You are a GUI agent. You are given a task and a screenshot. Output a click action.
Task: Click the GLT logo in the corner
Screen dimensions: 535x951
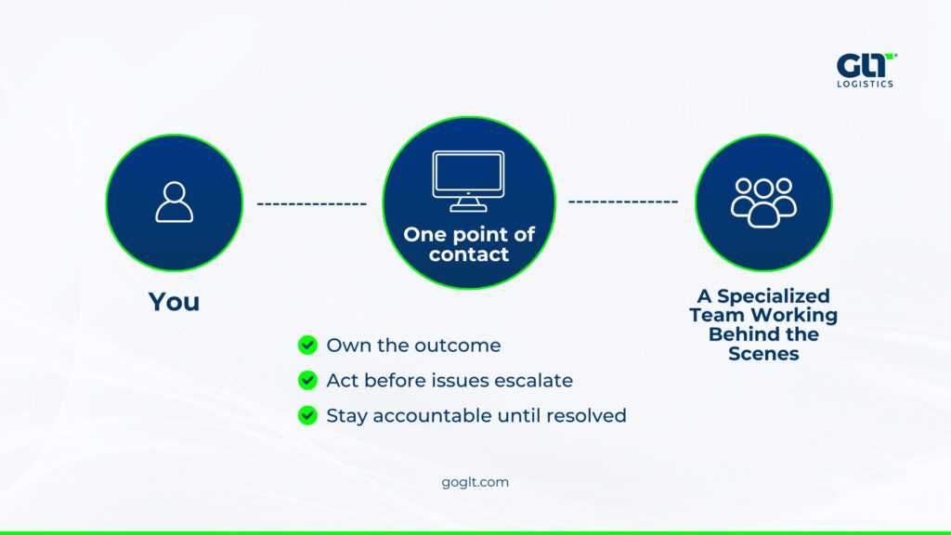[866, 65]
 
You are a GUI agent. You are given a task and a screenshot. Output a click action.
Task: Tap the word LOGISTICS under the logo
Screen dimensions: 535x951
[866, 84]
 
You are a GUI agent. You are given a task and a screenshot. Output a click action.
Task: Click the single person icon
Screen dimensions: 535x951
[174, 202]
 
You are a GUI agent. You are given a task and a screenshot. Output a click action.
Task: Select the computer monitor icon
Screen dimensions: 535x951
[468, 180]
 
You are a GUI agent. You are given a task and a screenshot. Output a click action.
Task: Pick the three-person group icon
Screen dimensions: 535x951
[762, 202]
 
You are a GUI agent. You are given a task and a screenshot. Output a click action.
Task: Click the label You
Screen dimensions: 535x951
[174, 302]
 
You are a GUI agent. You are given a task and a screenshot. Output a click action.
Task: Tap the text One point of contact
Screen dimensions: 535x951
[469, 244]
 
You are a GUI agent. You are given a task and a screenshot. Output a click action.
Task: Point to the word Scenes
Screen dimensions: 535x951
[763, 354]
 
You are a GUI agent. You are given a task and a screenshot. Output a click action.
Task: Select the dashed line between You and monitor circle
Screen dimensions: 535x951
[312, 203]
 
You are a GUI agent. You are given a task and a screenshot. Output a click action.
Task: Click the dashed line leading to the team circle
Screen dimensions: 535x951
[623, 202]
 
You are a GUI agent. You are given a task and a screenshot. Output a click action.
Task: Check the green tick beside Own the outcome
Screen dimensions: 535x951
[307, 346]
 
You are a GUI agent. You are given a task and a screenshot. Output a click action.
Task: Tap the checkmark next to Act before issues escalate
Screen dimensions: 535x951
[307, 380]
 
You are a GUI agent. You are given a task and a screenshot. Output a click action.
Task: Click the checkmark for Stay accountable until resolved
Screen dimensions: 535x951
[307, 415]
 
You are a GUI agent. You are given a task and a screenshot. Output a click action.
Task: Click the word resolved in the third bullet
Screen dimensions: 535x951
[586, 415]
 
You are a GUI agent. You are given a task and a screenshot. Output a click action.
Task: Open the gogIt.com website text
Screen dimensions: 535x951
[475, 482]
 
